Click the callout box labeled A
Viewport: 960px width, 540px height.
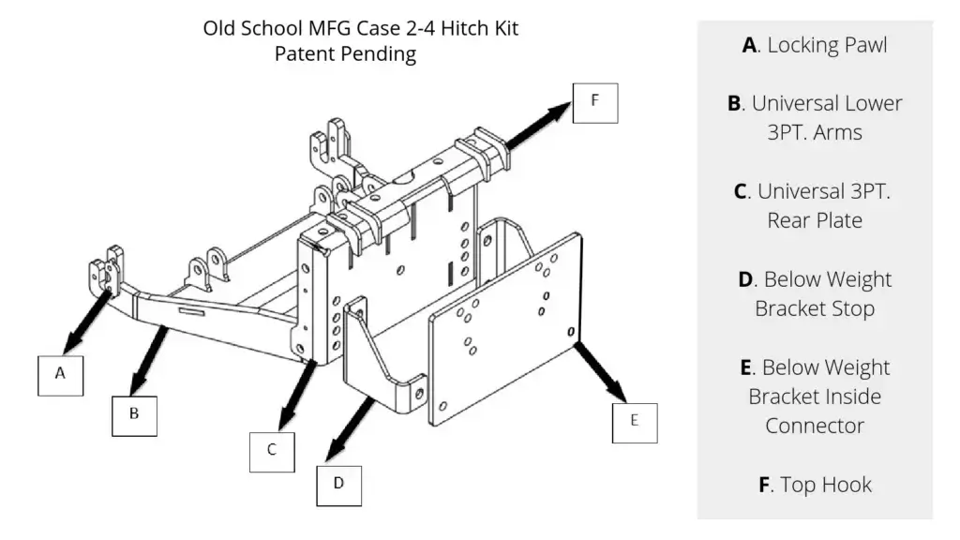tap(60, 373)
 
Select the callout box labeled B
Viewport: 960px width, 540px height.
tap(134, 412)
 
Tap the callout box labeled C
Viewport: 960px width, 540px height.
tap(271, 449)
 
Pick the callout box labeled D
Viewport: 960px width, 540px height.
tap(338, 483)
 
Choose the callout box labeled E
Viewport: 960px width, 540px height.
tap(634, 421)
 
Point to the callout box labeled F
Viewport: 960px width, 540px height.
tap(594, 100)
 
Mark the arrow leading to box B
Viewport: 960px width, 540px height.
tap(150, 360)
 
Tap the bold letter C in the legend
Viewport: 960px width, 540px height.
tap(741, 191)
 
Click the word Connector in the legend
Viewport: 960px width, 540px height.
tap(815, 426)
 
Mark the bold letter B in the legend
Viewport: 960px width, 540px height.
tap(734, 103)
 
